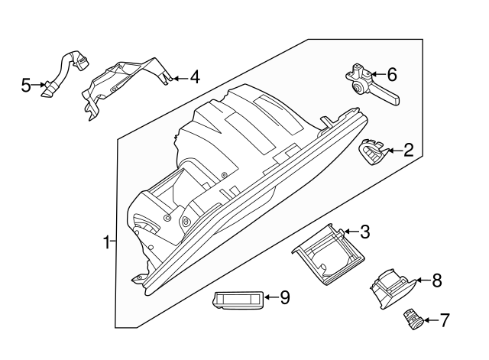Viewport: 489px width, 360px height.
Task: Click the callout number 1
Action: click(x=107, y=243)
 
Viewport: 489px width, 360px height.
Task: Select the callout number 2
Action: click(x=409, y=150)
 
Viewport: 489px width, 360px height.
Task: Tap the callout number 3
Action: click(x=365, y=231)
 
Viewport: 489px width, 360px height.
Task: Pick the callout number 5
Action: click(x=25, y=86)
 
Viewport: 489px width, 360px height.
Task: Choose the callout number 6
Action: click(x=392, y=74)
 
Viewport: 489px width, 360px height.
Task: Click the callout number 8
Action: click(x=436, y=281)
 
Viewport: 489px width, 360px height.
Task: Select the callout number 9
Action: click(x=285, y=297)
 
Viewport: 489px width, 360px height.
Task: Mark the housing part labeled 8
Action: click(x=391, y=289)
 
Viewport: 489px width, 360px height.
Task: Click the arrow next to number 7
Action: click(x=429, y=319)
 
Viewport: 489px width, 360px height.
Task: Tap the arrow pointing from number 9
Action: click(x=270, y=297)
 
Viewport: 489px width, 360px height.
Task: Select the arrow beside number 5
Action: click(x=38, y=86)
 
